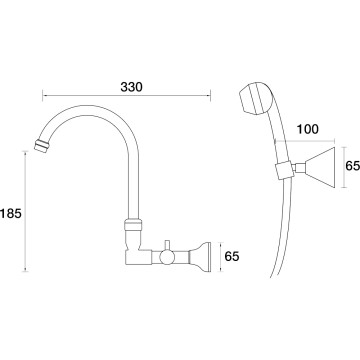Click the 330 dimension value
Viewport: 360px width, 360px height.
pyautogui.click(x=131, y=87)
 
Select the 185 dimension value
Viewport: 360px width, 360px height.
pyautogui.click(x=11, y=213)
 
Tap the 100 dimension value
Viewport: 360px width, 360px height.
pyautogui.click(x=307, y=129)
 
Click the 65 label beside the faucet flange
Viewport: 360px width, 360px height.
pyautogui.click(x=232, y=256)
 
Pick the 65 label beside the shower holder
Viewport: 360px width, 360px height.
pyautogui.click(x=352, y=166)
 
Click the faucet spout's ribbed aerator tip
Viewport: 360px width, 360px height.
pyautogui.click(x=43, y=145)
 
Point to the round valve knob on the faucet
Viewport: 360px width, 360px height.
pyautogui.click(x=166, y=257)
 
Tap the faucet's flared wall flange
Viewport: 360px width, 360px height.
pyautogui.click(x=200, y=256)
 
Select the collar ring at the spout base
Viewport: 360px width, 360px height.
pyautogui.click(x=133, y=224)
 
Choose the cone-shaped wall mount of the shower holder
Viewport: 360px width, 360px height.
pyautogui.click(x=320, y=167)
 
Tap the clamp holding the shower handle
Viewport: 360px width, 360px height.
pyautogui.click(x=283, y=169)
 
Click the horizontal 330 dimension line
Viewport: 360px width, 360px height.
pyautogui.click(x=127, y=96)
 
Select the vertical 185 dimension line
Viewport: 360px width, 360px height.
pyautogui.click(x=25, y=211)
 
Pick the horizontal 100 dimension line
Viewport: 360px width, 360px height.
pyautogui.click(x=305, y=141)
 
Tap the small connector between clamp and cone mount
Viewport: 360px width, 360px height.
pyautogui.click(x=299, y=168)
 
